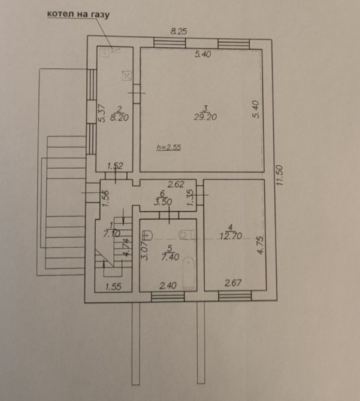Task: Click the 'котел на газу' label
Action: pos(78,14)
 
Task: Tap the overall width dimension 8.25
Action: pos(179,32)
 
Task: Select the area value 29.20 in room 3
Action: pos(205,117)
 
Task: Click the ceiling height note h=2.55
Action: pos(169,147)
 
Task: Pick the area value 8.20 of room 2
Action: pos(119,118)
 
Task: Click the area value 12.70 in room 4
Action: pos(231,236)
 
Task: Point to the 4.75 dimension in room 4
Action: pos(260,245)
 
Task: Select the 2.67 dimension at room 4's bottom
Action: pos(233,283)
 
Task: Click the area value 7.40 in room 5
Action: pos(170,257)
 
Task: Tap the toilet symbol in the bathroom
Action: pos(186,235)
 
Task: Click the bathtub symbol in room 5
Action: pos(189,273)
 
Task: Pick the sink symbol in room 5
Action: pos(147,235)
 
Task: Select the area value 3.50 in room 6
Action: pos(163,202)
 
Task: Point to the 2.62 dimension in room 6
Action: pos(176,184)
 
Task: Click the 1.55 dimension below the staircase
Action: pos(113,287)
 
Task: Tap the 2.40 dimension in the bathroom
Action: pos(168,285)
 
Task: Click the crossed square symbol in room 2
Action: pos(126,75)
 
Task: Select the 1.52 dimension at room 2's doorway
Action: pos(115,166)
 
